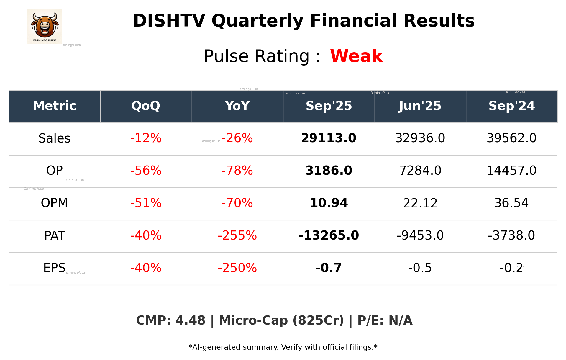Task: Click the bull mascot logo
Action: tap(44, 26)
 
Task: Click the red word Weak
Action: tap(356, 56)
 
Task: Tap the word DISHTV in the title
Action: tap(169, 21)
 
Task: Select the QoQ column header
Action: tap(146, 106)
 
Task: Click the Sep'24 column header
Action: tap(511, 106)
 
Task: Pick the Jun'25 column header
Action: tap(420, 106)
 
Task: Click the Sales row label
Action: tap(55, 138)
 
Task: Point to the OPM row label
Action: tap(55, 203)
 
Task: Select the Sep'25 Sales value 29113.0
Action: tap(329, 138)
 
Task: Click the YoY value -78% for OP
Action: tap(237, 171)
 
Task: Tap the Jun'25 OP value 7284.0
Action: tap(420, 171)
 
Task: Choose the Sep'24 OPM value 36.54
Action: tap(511, 203)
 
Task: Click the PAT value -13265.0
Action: tap(329, 235)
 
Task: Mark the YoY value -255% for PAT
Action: tap(237, 235)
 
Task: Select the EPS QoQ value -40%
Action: tap(146, 268)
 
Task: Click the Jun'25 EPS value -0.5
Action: tap(420, 268)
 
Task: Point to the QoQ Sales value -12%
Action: tap(146, 138)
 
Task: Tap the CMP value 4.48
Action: tap(190, 320)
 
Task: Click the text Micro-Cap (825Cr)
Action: tap(281, 320)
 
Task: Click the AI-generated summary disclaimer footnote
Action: tap(283, 347)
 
